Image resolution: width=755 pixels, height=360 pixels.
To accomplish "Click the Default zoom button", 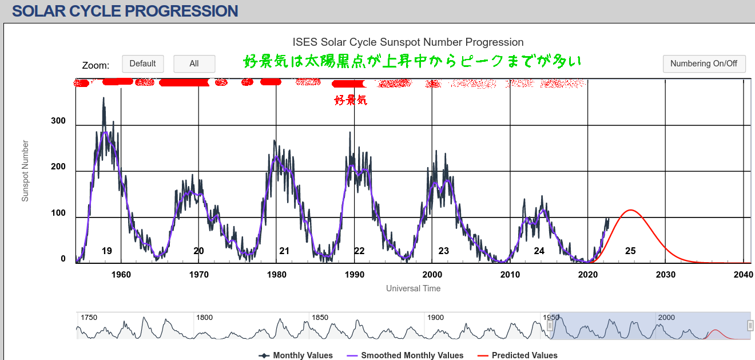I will (x=143, y=64).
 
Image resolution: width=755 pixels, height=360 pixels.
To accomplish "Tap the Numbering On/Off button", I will (x=704, y=64).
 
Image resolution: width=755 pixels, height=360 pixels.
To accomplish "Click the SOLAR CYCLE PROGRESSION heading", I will (x=125, y=11).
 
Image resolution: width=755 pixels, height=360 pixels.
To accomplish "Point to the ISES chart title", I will (x=408, y=42).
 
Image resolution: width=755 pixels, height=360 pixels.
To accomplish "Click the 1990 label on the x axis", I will (x=354, y=275).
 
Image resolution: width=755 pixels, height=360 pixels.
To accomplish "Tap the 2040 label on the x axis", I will (x=743, y=275).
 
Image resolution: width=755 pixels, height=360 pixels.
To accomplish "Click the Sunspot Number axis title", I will (x=25, y=171).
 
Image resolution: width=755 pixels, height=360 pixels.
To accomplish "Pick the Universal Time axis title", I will (x=413, y=288).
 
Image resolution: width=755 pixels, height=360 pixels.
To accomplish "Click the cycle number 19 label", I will (x=107, y=251).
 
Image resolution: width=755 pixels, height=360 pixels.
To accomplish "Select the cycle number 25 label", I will (x=630, y=251).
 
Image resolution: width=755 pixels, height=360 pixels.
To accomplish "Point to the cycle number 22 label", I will (x=359, y=251).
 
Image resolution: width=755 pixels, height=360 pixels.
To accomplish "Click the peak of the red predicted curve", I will (x=630, y=210).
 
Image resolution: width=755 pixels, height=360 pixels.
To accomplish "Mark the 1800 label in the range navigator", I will (x=204, y=318).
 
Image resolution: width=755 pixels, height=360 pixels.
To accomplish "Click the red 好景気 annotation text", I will (x=351, y=101).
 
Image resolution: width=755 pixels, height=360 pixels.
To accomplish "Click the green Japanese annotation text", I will (x=412, y=61).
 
